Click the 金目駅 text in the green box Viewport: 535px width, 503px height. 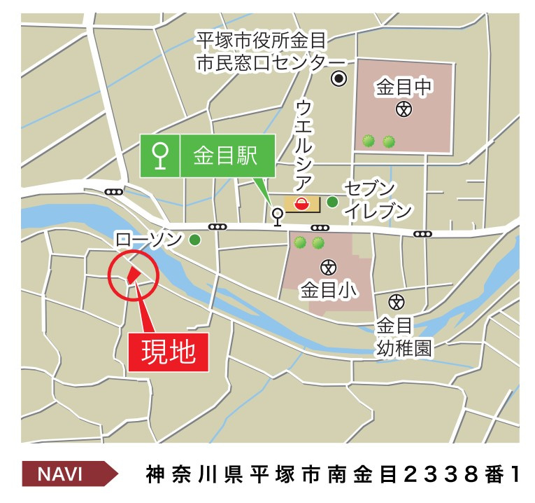[x=225, y=156]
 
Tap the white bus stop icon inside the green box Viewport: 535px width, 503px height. [x=161, y=156]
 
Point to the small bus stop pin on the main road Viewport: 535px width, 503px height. [x=277, y=215]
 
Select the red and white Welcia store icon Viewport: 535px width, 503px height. [x=301, y=204]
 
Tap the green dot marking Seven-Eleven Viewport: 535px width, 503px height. [x=332, y=202]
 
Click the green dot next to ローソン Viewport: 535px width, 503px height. [x=194, y=240]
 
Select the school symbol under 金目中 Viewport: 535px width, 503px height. [x=404, y=109]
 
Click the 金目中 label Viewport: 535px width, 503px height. [x=404, y=87]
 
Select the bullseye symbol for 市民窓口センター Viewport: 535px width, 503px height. [x=339, y=78]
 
